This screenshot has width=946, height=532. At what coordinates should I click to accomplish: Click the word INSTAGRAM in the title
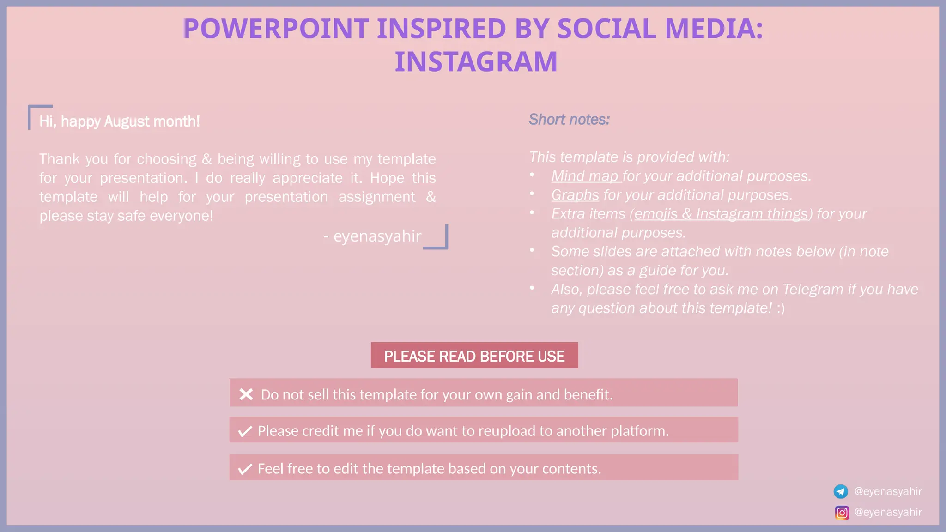point(476,62)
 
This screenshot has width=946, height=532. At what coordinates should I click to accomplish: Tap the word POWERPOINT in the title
point(276,29)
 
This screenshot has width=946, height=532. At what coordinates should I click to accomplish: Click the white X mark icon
point(246,394)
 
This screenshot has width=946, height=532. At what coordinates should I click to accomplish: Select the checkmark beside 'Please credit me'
point(245,431)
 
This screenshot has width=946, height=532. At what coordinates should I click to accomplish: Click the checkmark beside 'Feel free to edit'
point(245,469)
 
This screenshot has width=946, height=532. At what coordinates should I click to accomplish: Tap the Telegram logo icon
point(841,491)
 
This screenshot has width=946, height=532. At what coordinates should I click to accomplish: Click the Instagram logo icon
point(842,513)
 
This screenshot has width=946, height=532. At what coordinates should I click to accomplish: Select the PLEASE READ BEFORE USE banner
point(474,356)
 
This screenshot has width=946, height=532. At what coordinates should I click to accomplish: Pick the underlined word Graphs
point(575,195)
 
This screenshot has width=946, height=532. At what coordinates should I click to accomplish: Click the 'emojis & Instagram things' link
point(721,214)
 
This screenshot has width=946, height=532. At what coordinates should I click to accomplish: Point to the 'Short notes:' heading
point(569,120)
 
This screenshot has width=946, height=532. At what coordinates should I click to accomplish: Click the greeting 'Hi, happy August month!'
point(120,121)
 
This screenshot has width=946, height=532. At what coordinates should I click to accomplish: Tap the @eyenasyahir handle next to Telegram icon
point(888,491)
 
